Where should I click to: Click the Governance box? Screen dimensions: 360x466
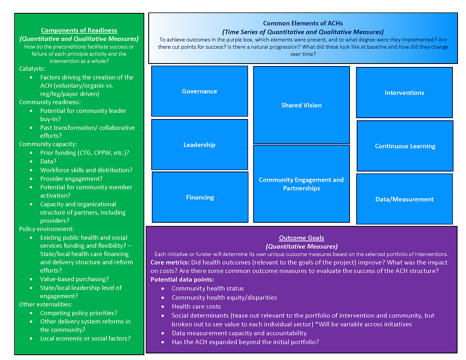coord(200,91)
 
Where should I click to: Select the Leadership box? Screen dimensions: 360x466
coord(200,144)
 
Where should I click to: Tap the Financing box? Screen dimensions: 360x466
coord(200,197)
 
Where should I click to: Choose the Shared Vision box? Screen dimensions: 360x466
coord(301,105)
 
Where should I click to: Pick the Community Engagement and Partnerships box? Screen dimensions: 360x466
coord(301,184)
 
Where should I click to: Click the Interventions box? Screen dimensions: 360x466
coord(404,92)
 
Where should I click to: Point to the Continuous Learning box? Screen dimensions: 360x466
coord(405,146)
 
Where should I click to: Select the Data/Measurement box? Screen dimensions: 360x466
coord(405,199)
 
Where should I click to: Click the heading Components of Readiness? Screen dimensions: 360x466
coord(79,30)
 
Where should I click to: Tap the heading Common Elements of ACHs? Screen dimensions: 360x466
coord(303,23)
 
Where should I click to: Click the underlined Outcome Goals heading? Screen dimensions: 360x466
coord(301,238)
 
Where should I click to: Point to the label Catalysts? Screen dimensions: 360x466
coord(32,68)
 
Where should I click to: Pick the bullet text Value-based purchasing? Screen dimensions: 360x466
coord(75,279)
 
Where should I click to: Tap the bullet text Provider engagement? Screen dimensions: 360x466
coord(71,179)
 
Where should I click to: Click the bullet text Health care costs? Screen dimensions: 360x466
coord(196,306)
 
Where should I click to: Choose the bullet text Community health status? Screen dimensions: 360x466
coord(208,288)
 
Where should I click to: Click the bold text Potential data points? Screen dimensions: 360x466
coord(182,280)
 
